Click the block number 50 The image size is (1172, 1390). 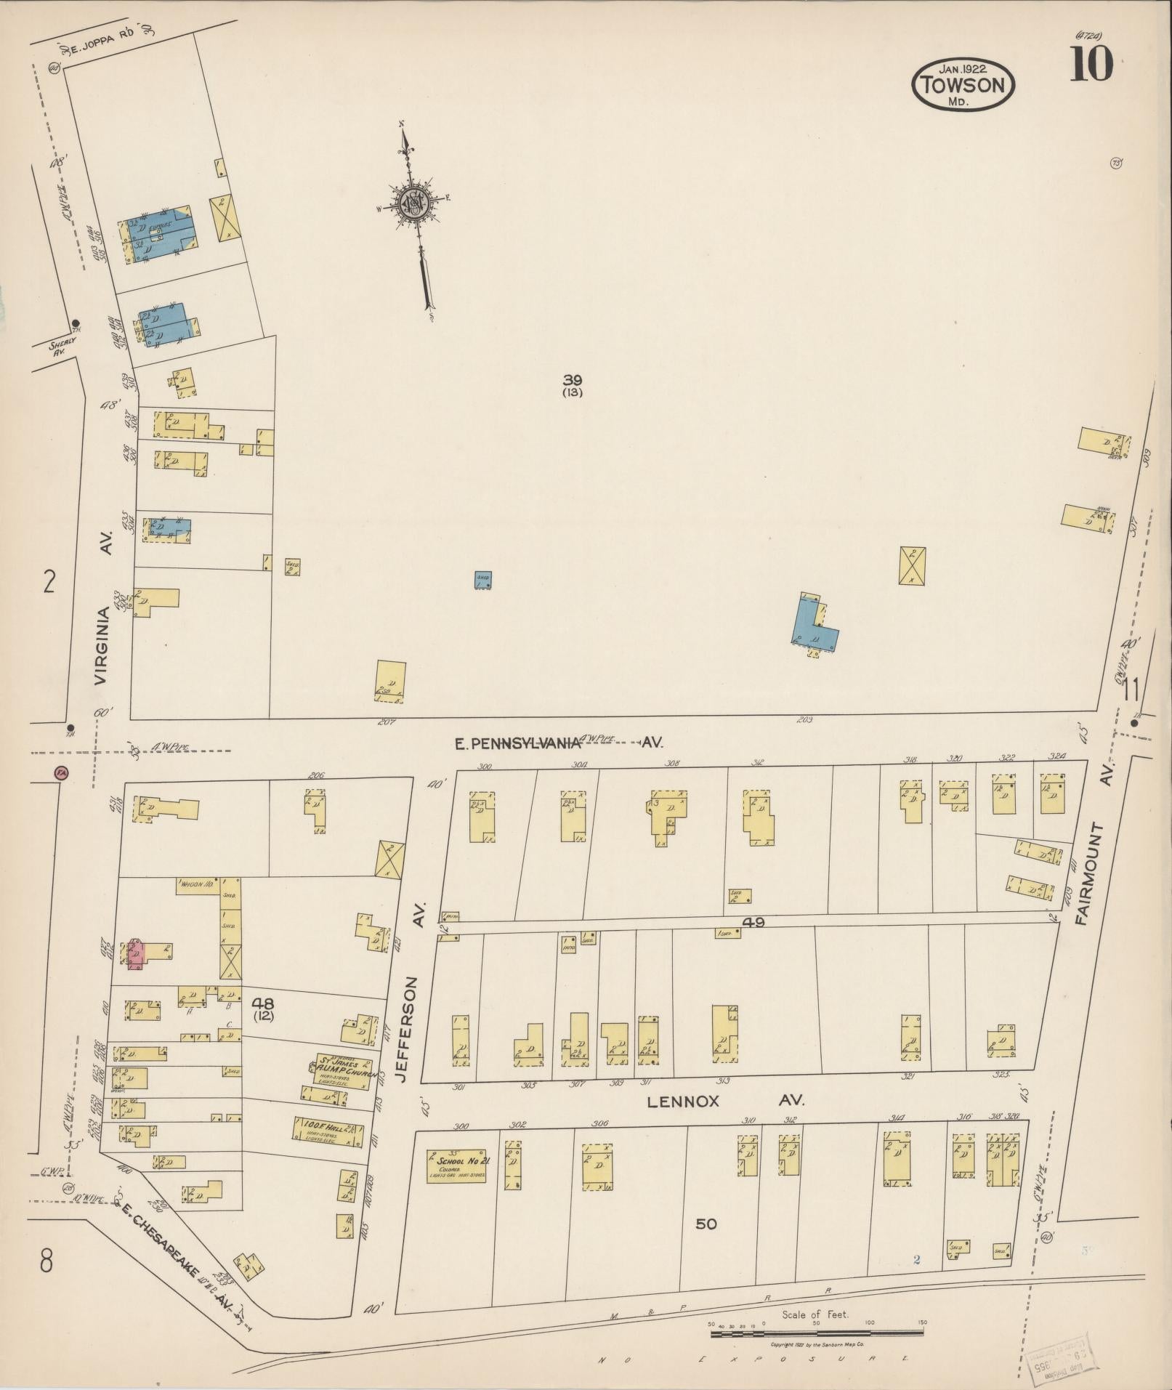point(706,1224)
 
